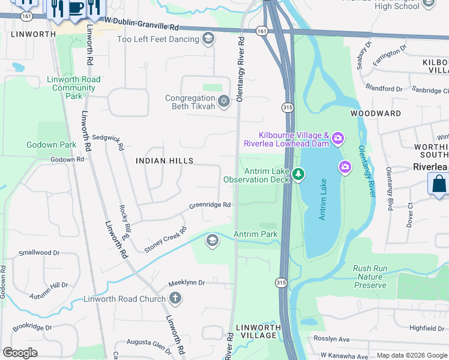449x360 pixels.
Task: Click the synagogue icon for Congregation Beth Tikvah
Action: pyautogui.click(x=224, y=101)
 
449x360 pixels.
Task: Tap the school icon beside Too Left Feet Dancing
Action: pyautogui.click(x=208, y=40)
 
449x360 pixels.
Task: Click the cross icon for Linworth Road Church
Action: pyautogui.click(x=175, y=298)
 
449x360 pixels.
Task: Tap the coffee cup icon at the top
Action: pyautogui.click(x=76, y=8)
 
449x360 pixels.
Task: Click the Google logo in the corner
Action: pyautogui.click(x=20, y=353)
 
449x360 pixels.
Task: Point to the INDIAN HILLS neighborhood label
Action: pyautogui.click(x=164, y=161)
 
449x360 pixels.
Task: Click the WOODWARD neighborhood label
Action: pyautogui.click(x=376, y=113)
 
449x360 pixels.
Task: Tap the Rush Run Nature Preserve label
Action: pyautogui.click(x=370, y=277)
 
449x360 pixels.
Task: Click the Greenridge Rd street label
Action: pyautogui.click(x=210, y=205)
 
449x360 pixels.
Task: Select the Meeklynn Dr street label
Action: pyautogui.click(x=187, y=282)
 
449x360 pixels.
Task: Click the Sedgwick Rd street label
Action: pyautogui.click(x=108, y=142)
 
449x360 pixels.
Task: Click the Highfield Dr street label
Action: pyautogui.click(x=427, y=328)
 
